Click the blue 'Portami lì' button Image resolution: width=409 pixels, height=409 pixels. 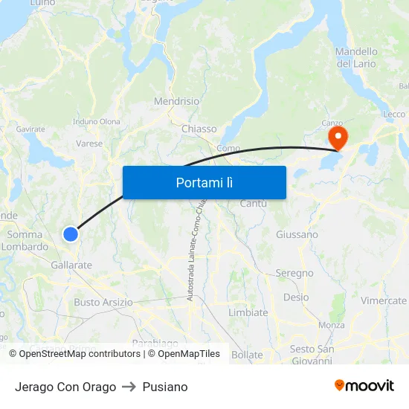[204, 182]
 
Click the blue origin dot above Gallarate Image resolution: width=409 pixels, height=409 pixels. [71, 234]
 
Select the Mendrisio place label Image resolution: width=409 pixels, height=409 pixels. [177, 101]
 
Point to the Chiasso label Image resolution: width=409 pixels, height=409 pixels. [199, 129]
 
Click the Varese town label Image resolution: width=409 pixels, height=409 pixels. [89, 144]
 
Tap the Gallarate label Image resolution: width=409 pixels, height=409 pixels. [71, 265]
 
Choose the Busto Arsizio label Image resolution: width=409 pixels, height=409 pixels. [103, 302]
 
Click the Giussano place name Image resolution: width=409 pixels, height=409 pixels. [297, 234]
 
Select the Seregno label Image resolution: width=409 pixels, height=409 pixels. [294, 273]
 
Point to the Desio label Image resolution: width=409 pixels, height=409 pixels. [296, 297]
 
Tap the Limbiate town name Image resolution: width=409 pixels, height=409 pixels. [248, 312]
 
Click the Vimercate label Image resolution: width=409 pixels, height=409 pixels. [384, 300]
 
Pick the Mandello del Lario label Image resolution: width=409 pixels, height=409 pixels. [357, 58]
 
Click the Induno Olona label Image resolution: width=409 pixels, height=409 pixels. [97, 121]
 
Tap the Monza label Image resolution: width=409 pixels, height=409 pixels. [331, 325]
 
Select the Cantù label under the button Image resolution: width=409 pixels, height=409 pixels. [254, 204]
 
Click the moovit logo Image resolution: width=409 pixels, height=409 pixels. [364, 385]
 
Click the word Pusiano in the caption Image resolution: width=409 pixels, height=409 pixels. [165, 387]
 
